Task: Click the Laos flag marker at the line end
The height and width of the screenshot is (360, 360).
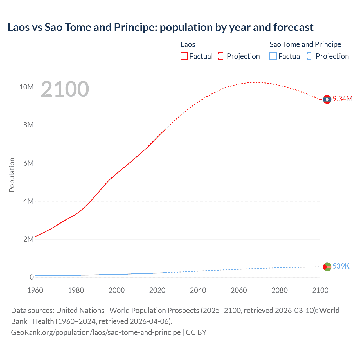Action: tap(327, 99)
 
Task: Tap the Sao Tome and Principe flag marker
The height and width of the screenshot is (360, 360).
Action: tap(327, 267)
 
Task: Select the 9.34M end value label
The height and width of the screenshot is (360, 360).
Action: tap(343, 99)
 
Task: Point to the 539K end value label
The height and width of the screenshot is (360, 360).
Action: tap(341, 266)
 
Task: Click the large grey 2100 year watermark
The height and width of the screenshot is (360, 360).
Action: tap(65, 89)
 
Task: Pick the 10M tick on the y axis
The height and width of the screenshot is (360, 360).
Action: tap(26, 87)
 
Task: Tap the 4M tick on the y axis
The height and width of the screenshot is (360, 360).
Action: tap(28, 201)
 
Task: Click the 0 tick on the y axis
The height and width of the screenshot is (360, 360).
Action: tap(31, 277)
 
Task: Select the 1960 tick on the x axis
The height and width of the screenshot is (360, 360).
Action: tap(35, 290)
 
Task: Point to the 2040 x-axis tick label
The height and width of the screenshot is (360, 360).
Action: tap(198, 290)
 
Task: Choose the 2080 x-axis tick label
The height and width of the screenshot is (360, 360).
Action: tap(280, 290)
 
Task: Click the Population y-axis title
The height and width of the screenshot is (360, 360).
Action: tap(12, 175)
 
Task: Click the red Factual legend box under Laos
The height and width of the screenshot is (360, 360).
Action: tap(184, 56)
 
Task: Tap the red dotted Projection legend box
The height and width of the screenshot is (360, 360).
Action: tap(222, 56)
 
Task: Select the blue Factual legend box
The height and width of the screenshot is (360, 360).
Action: tap(273, 56)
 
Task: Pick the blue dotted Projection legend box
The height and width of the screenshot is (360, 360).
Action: tap(310, 56)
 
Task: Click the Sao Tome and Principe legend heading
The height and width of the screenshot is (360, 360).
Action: tap(305, 44)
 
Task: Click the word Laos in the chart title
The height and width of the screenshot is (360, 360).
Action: tap(19, 27)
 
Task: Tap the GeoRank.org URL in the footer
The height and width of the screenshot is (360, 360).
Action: tap(96, 332)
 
